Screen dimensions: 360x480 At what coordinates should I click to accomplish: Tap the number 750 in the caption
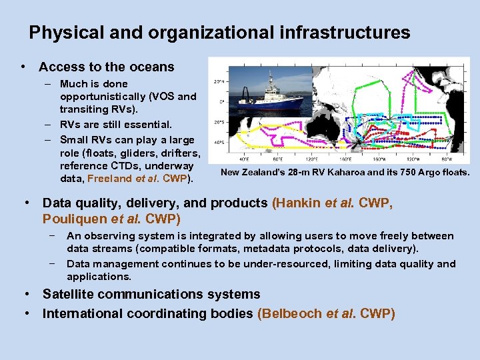click(x=399, y=173)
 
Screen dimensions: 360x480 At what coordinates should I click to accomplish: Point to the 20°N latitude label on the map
click(x=217, y=82)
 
